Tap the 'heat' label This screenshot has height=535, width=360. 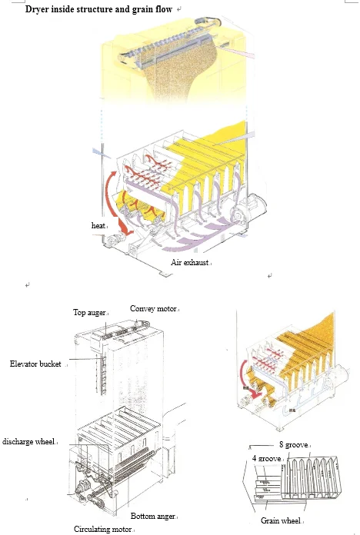click(97, 225)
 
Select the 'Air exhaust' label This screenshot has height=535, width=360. click(189, 263)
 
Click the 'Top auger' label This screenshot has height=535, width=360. click(89, 312)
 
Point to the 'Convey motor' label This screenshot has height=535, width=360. click(153, 308)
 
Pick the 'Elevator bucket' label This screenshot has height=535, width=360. click(36, 363)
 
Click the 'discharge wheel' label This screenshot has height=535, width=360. click(28, 441)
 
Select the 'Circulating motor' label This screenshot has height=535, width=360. click(102, 529)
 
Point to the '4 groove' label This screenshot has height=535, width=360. click(267, 458)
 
